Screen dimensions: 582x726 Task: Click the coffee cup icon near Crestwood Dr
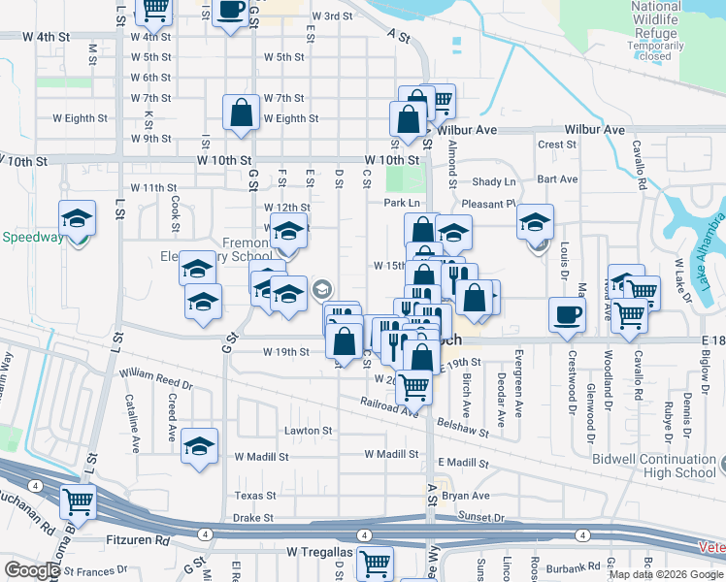pos(568,314)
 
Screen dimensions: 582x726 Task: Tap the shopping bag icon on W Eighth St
pos(241,113)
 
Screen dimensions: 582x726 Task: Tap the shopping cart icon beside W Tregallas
pos(374,563)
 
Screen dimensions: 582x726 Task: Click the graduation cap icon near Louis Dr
pos(535,222)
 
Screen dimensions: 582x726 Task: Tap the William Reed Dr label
pos(156,378)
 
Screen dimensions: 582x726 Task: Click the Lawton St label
pos(308,431)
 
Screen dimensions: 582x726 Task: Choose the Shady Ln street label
pos(494,182)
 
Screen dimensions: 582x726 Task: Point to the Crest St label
pos(557,145)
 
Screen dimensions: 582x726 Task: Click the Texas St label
pos(256,496)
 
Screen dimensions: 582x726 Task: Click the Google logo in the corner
pos(32,570)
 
